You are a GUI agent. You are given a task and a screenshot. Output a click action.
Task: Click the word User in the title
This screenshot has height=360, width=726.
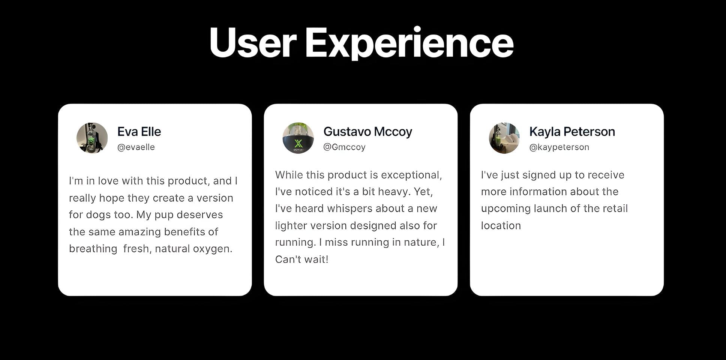pyautogui.click(x=253, y=42)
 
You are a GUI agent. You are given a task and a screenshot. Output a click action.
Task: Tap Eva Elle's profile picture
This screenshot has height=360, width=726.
pyautogui.click(x=92, y=138)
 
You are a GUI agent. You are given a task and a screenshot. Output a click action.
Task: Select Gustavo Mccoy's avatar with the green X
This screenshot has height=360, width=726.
pyautogui.click(x=298, y=138)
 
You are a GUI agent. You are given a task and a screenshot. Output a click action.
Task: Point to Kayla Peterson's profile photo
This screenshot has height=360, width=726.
pyautogui.click(x=504, y=138)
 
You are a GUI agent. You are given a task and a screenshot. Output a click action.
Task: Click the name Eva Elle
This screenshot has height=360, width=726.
pyautogui.click(x=139, y=132)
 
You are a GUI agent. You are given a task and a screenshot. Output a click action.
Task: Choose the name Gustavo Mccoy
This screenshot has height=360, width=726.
pyautogui.click(x=367, y=132)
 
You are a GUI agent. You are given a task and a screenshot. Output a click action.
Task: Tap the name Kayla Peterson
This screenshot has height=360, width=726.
pyautogui.click(x=572, y=132)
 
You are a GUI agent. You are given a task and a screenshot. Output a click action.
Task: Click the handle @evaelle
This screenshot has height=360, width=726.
pyautogui.click(x=136, y=147)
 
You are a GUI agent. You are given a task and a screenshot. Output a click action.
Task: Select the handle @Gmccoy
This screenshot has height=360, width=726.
pyautogui.click(x=344, y=147)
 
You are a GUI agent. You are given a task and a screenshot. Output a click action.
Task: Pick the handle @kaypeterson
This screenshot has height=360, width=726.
pyautogui.click(x=559, y=147)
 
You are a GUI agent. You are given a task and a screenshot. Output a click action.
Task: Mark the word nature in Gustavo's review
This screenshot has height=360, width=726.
pyautogui.click(x=421, y=243)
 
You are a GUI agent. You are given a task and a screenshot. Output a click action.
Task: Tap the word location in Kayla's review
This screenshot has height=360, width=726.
pyautogui.click(x=501, y=226)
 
